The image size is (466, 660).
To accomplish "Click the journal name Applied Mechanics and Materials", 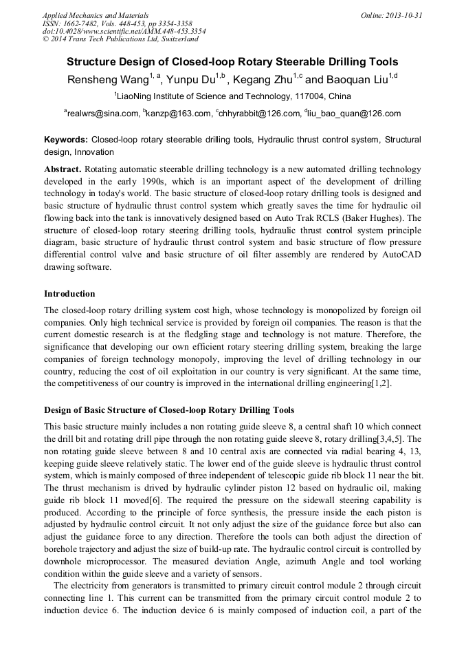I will tap(95, 15).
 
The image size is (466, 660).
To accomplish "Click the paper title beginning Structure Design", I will tap(232, 61).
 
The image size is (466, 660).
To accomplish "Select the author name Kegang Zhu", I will tap(267, 80).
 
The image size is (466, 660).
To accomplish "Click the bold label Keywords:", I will tap(66, 140).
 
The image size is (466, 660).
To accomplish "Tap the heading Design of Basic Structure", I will tap(169, 410).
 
